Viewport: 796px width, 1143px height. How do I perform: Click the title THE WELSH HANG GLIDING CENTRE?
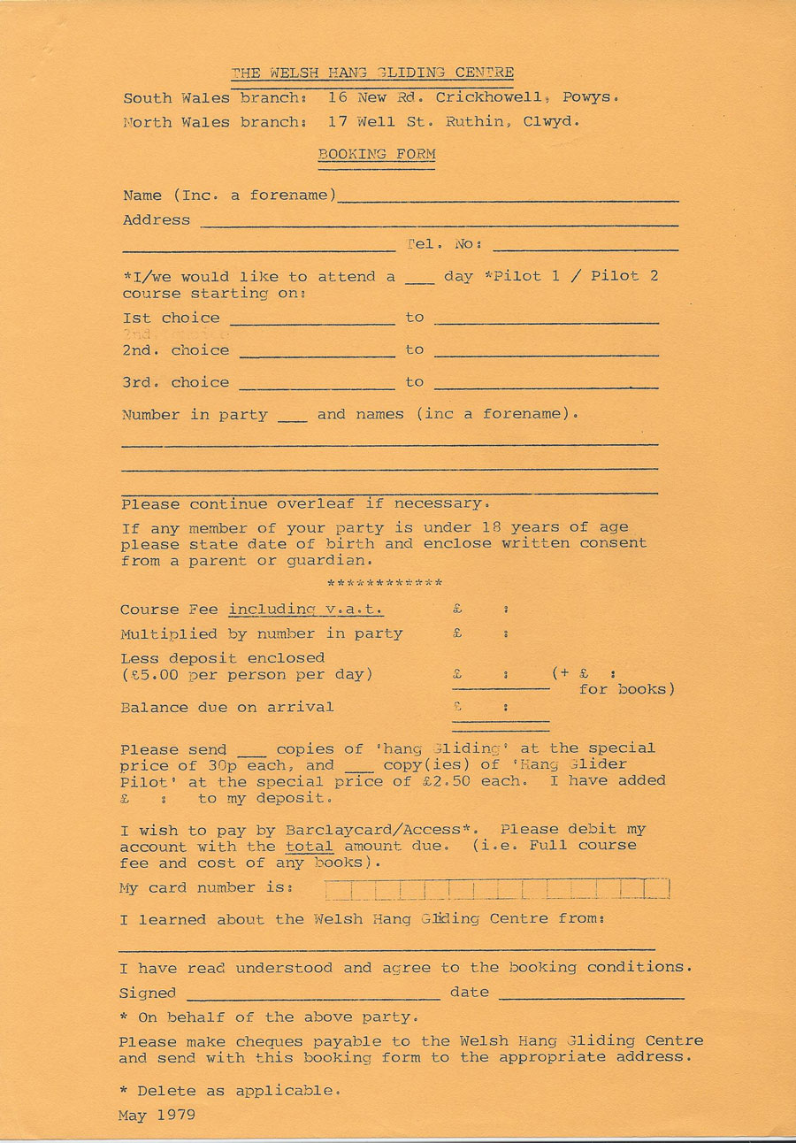pos(372,73)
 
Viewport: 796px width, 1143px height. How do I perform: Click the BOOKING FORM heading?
pos(377,154)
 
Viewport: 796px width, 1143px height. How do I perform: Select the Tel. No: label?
pos(444,244)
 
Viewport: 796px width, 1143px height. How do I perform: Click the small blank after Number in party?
pos(292,417)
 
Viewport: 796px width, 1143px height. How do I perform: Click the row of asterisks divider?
pos(385,584)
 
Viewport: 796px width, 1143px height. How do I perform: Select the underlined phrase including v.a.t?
pos(306,610)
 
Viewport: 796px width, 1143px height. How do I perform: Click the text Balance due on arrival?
pos(227,707)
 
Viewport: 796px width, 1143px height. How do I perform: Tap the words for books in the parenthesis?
pos(626,689)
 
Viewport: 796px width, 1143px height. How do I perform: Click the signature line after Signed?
pos(313,994)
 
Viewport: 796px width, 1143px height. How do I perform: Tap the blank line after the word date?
pos(591,994)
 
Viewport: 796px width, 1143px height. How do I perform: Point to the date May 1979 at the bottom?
pos(157,1116)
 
